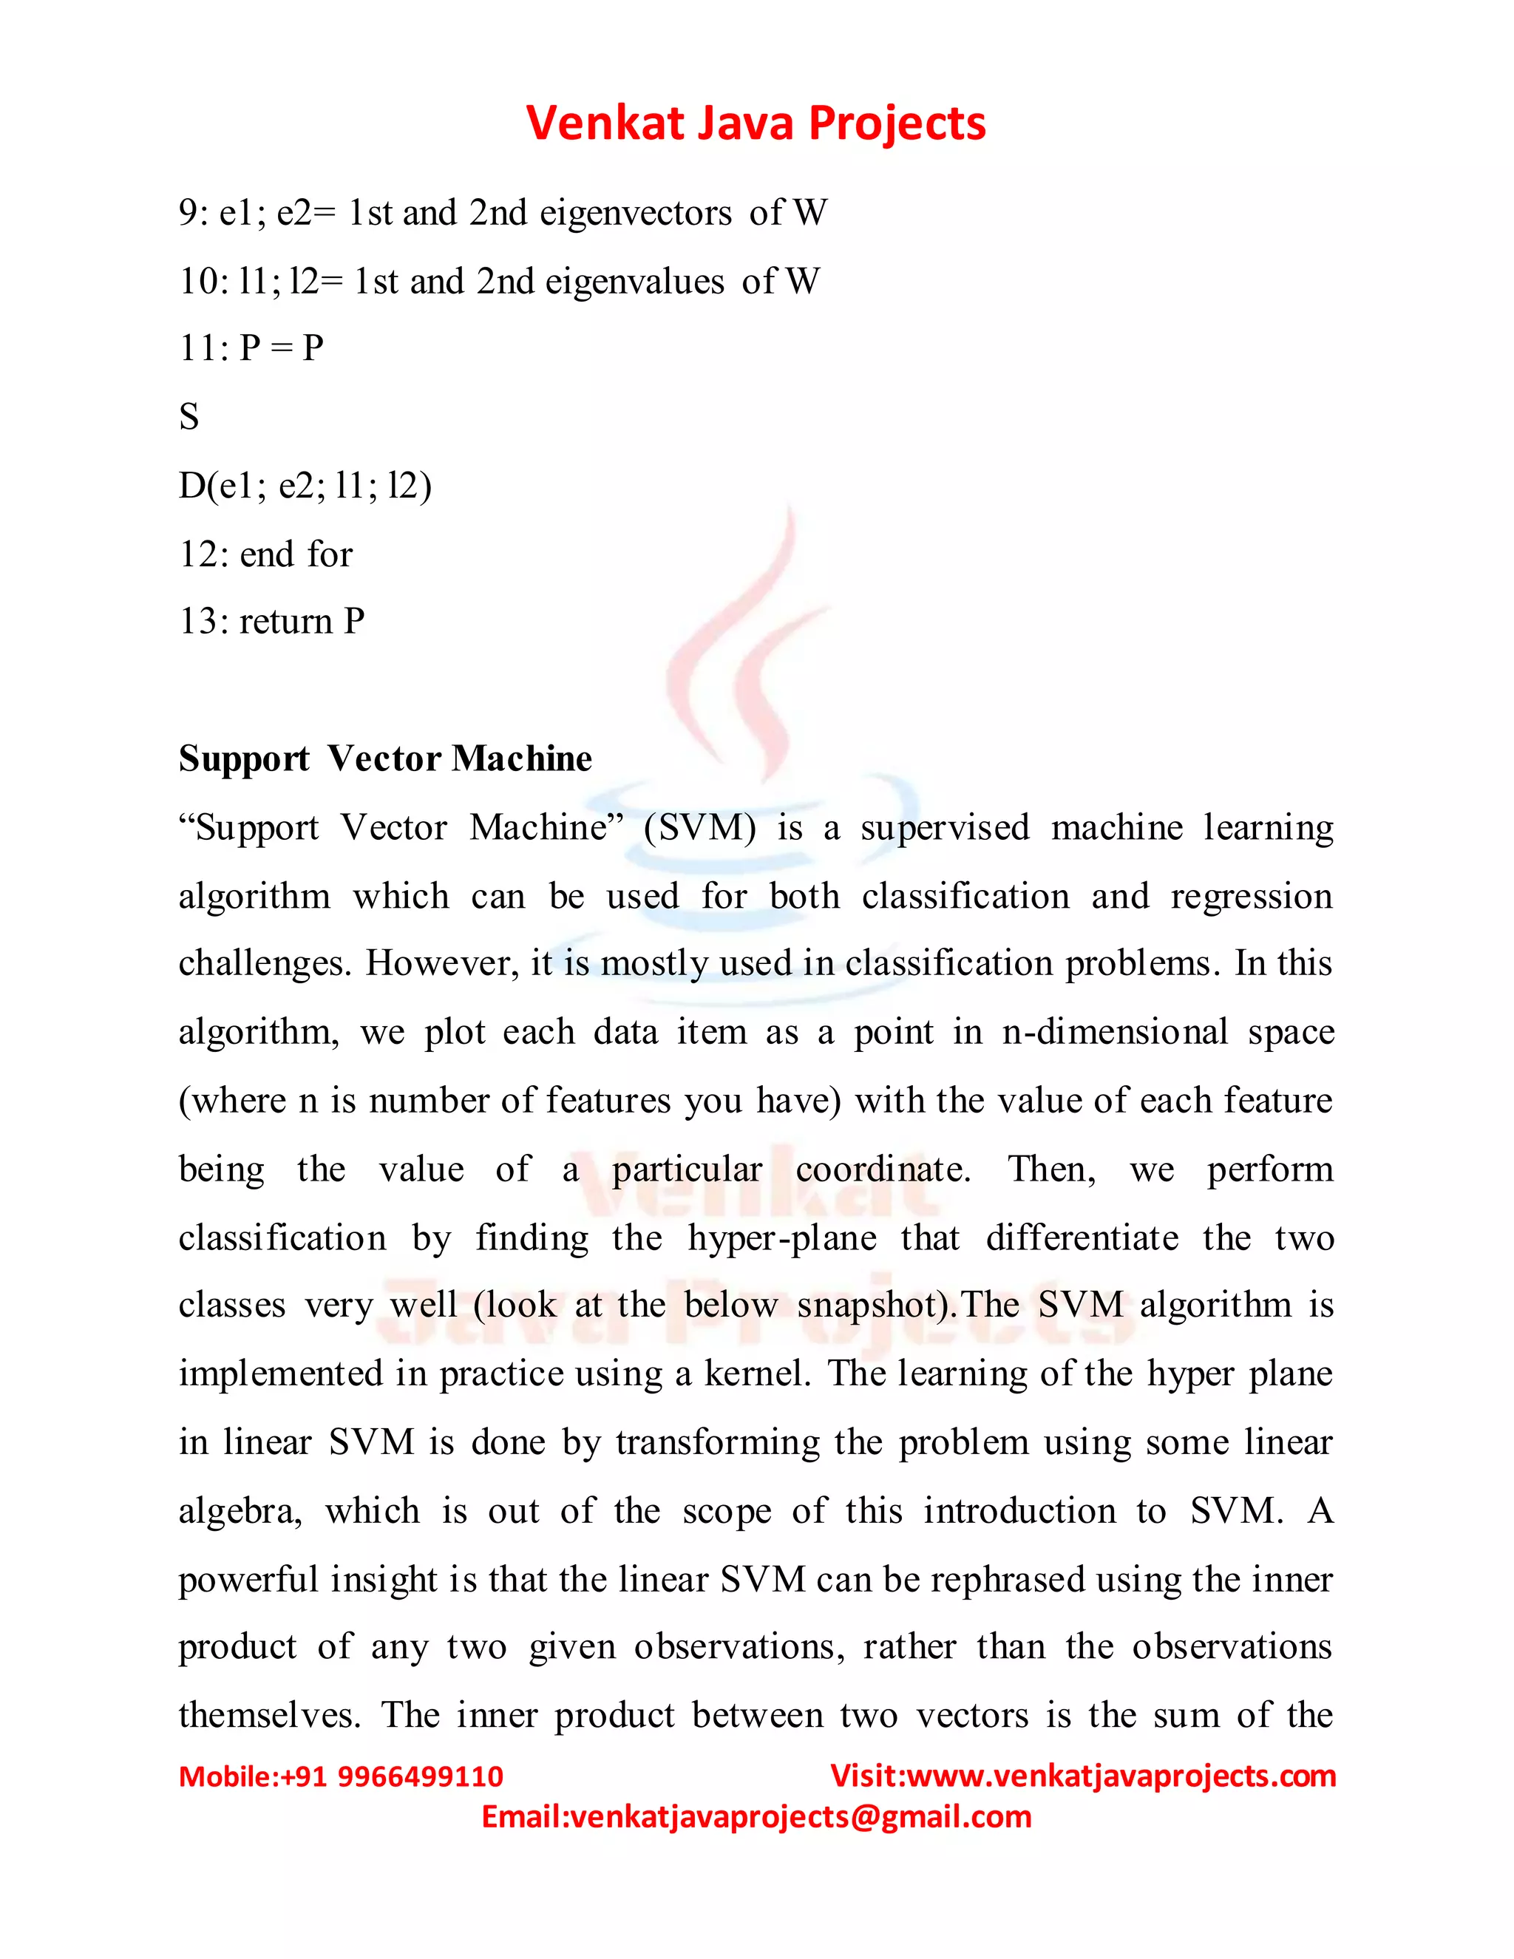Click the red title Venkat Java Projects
point(756,123)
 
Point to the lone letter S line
point(189,417)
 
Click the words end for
point(296,554)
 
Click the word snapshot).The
point(908,1305)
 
